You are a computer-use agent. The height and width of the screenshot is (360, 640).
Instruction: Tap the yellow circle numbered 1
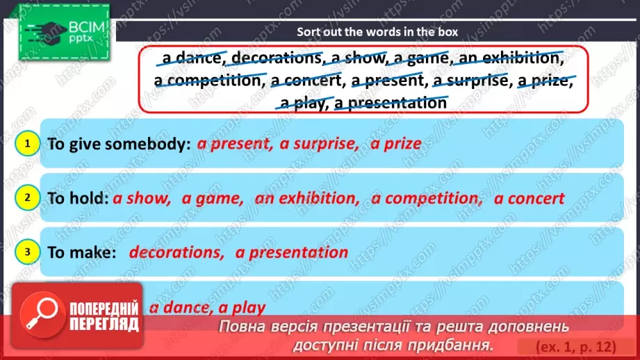(x=26, y=144)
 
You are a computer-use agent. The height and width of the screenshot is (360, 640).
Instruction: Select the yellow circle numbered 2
(x=26, y=198)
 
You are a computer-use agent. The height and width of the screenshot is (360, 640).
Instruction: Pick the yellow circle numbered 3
(x=26, y=252)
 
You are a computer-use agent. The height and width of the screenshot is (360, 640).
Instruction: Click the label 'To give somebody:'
(x=119, y=145)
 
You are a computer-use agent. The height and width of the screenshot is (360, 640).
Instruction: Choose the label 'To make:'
(x=81, y=252)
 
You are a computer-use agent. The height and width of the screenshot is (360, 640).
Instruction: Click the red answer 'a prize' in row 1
(x=396, y=145)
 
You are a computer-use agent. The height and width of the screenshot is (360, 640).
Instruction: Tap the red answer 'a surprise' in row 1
(x=319, y=145)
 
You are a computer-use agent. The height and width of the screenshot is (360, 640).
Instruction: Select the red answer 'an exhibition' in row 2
(x=306, y=199)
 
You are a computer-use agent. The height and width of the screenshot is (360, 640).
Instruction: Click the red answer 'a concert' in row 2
(x=530, y=199)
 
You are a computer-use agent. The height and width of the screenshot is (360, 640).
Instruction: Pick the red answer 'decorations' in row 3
(x=177, y=252)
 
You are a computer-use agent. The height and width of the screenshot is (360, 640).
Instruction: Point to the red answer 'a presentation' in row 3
(x=292, y=252)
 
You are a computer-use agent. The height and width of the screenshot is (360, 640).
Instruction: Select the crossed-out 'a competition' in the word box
(x=206, y=81)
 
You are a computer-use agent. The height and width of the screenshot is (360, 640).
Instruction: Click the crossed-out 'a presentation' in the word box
(x=391, y=104)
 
